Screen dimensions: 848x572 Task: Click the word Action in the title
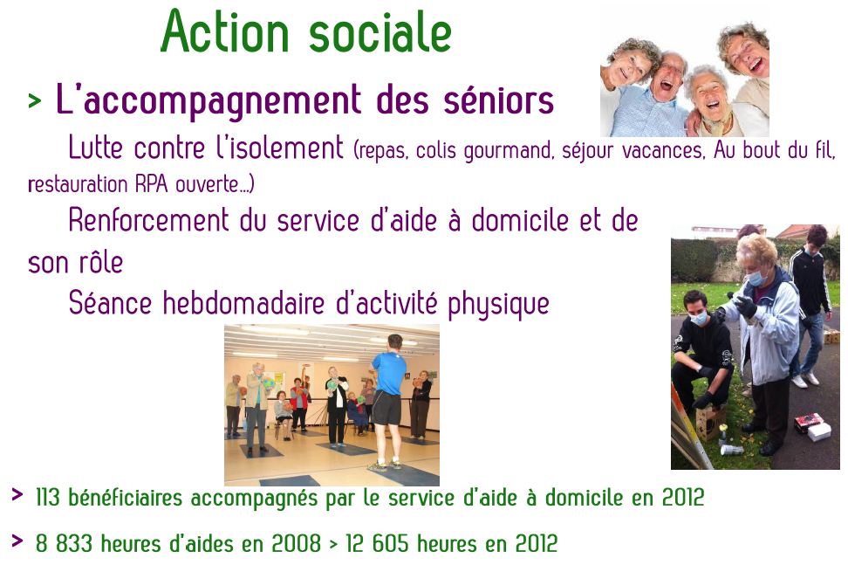(225, 31)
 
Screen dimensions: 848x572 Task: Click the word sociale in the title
(380, 32)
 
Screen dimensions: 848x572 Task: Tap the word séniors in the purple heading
(499, 100)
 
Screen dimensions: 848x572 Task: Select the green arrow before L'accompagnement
(35, 100)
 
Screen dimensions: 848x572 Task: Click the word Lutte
(96, 147)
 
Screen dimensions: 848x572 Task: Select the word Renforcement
(148, 220)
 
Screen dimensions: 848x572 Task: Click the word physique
(498, 304)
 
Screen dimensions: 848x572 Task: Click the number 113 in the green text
(48, 497)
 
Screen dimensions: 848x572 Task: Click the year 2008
(297, 543)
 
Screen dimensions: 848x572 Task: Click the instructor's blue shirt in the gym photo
(389, 374)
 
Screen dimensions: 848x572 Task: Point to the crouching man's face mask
(699, 318)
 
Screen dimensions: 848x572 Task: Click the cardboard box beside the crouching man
(709, 422)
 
